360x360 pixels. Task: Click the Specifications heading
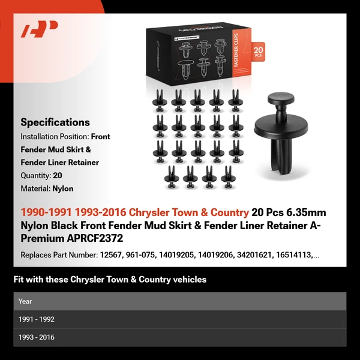(55, 122)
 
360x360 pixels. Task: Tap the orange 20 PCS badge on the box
(259, 52)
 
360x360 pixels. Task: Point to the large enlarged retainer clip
(281, 136)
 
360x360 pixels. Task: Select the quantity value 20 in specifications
(57, 176)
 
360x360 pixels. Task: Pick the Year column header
(25, 301)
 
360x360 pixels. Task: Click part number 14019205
(178, 255)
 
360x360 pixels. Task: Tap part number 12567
(110, 255)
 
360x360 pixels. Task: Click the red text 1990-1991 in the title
(46, 212)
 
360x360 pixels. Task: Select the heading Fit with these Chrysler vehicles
(110, 280)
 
